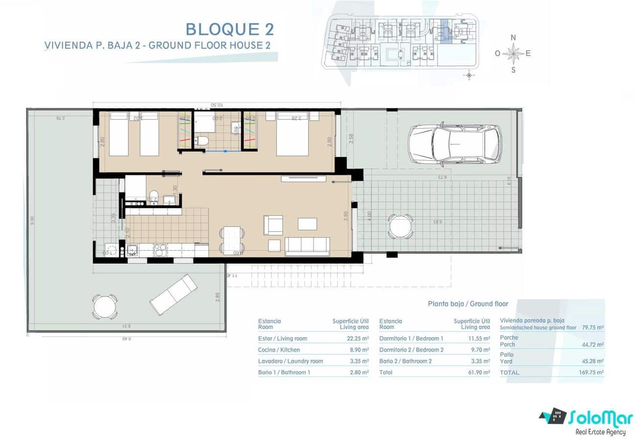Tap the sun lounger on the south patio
(x=173, y=294)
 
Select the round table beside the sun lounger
(x=105, y=307)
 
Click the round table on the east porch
(x=401, y=226)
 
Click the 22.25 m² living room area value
(x=358, y=339)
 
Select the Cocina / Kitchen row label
(x=279, y=350)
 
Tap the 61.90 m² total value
(x=479, y=372)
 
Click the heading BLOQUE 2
(x=229, y=29)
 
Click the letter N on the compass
(x=513, y=38)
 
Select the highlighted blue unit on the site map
(x=445, y=32)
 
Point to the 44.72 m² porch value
(x=592, y=344)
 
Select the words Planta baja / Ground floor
(x=468, y=304)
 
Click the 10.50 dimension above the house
(x=217, y=105)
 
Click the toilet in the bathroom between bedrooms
(x=202, y=141)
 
